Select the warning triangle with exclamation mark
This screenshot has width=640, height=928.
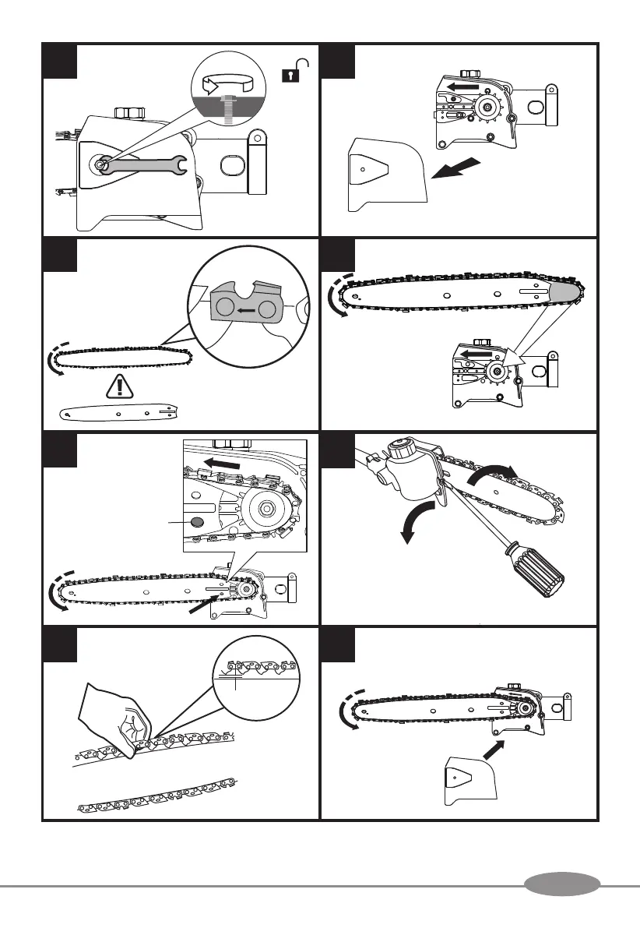(x=118, y=388)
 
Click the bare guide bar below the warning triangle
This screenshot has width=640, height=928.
(x=121, y=413)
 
